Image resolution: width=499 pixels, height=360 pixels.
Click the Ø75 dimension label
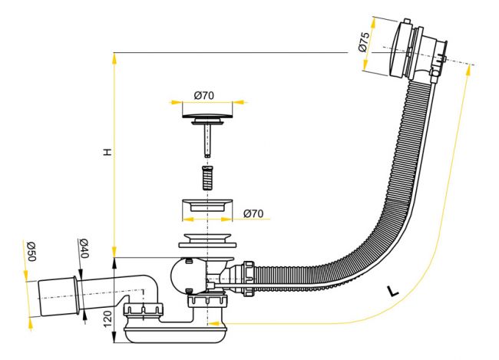364,41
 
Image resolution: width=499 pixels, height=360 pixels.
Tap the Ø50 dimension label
31,251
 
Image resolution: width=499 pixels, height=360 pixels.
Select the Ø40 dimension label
84,248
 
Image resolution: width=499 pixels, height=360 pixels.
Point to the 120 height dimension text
108,319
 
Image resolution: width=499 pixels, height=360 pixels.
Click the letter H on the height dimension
108,152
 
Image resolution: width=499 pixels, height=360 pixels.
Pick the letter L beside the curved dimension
393,291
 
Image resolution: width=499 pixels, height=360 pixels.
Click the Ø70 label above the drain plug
204,95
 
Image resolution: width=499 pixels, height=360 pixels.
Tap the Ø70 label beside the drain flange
253,213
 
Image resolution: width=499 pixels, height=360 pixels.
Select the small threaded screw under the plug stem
207,177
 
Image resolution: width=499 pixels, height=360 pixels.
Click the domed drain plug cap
207,115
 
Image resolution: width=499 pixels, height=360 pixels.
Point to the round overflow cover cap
398,48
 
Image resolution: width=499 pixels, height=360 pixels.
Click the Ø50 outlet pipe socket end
58,297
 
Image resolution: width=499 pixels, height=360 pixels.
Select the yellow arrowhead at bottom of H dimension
114,251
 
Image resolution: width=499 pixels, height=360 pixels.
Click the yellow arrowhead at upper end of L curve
468,70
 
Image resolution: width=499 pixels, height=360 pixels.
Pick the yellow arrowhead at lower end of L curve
214,323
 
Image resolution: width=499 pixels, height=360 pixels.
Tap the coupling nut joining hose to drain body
248,278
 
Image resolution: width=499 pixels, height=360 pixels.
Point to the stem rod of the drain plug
207,140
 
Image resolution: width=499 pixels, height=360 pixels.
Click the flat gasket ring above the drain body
207,245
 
